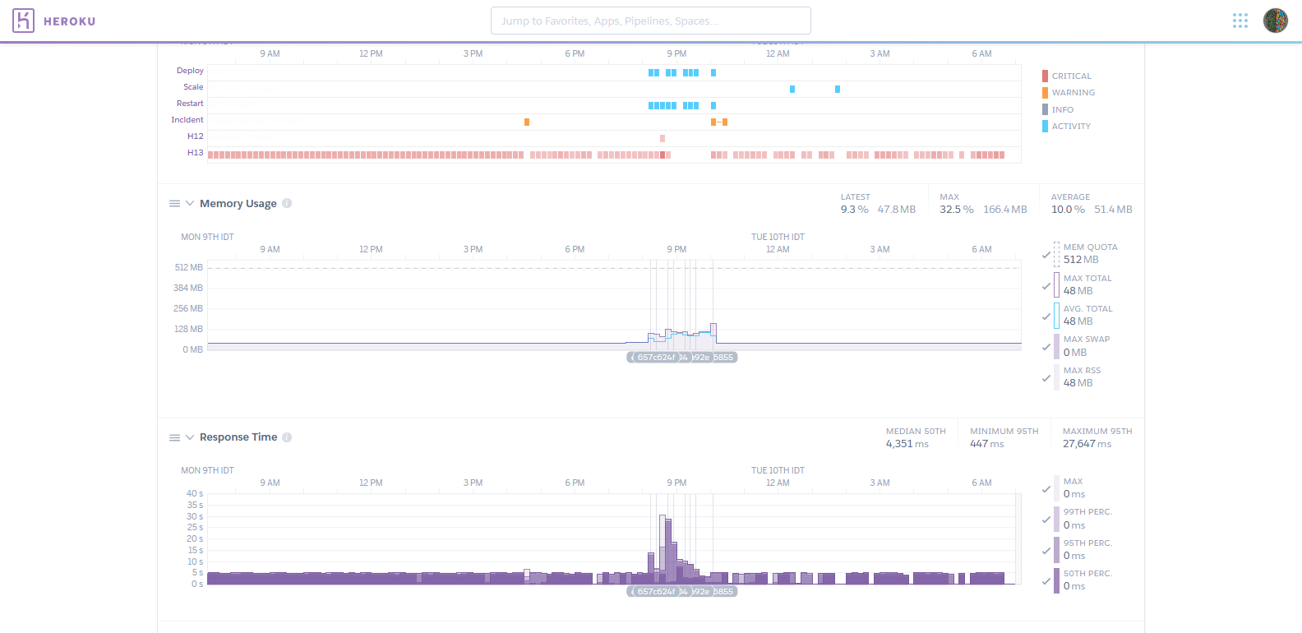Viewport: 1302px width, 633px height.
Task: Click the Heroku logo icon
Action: pyautogui.click(x=23, y=21)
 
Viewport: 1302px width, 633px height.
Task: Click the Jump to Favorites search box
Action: pyautogui.click(x=650, y=21)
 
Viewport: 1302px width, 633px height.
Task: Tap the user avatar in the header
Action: pyautogui.click(x=1275, y=21)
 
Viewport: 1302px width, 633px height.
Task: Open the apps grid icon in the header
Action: pyautogui.click(x=1240, y=21)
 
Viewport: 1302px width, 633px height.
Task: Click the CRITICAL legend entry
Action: pyautogui.click(x=1071, y=76)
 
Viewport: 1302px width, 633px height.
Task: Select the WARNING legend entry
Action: pyautogui.click(x=1073, y=93)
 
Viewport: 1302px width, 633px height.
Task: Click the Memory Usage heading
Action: pyautogui.click(x=238, y=204)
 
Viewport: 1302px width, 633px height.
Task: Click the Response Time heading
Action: pyautogui.click(x=238, y=437)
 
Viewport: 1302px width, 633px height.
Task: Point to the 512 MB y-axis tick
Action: pyautogui.click(x=188, y=268)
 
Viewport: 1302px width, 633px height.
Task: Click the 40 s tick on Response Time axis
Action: pyautogui.click(x=194, y=494)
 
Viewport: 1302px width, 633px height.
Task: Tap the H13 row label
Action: pyautogui.click(x=195, y=153)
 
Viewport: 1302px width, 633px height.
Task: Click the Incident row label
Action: pyautogui.click(x=187, y=120)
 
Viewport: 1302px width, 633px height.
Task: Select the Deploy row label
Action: pyautogui.click(x=190, y=71)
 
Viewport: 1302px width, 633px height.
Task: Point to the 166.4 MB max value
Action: pyautogui.click(x=1004, y=210)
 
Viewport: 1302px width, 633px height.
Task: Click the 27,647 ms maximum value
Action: pyautogui.click(x=1087, y=444)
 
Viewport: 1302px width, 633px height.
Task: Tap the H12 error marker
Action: pyautogui.click(x=663, y=138)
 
